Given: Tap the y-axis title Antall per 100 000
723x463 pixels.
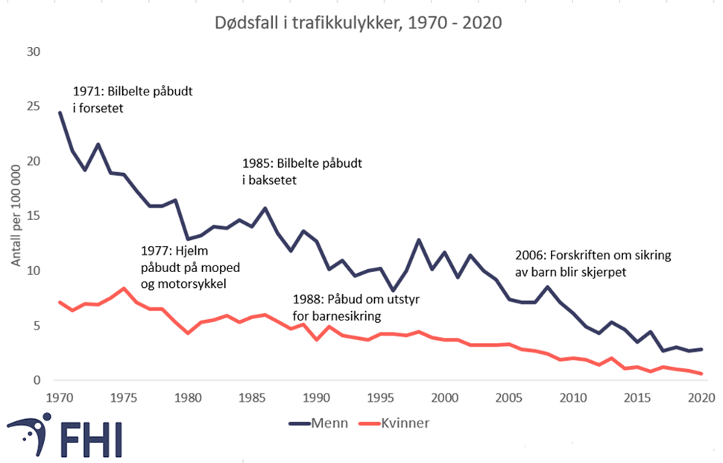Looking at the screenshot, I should (x=16, y=216).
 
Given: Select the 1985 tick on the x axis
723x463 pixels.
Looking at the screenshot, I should (x=252, y=396).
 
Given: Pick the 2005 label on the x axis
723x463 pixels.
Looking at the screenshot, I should (x=508, y=396).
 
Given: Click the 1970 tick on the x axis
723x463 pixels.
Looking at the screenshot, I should (x=60, y=396).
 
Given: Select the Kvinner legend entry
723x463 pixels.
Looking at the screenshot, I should (x=395, y=423).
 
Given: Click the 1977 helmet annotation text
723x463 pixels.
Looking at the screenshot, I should (x=190, y=267).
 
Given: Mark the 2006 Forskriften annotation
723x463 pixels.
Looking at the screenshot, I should (x=593, y=263).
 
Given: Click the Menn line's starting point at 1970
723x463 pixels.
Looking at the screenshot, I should (x=60, y=113).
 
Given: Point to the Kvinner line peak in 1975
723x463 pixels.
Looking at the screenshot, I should (x=124, y=289).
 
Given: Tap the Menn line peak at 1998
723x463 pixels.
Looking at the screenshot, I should (x=419, y=240).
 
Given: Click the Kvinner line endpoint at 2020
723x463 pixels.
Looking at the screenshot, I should (x=701, y=374).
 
